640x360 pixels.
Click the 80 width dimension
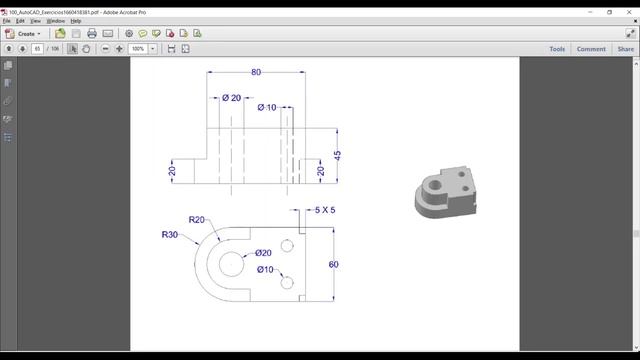[256, 72]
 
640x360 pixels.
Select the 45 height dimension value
[338, 156]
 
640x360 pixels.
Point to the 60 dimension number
[334, 264]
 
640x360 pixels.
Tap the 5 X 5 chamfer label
[325, 210]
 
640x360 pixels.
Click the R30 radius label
[170, 235]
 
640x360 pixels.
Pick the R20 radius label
[197, 220]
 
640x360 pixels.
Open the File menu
[7, 20]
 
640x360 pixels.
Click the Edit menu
[20, 20]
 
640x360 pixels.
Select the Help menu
[76, 20]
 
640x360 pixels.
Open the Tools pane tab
[557, 48]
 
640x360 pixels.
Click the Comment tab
[590, 48]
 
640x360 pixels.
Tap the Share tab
[625, 48]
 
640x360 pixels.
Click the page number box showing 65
[38, 48]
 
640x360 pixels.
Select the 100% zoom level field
[138, 48]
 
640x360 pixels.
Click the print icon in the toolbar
[91, 33]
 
